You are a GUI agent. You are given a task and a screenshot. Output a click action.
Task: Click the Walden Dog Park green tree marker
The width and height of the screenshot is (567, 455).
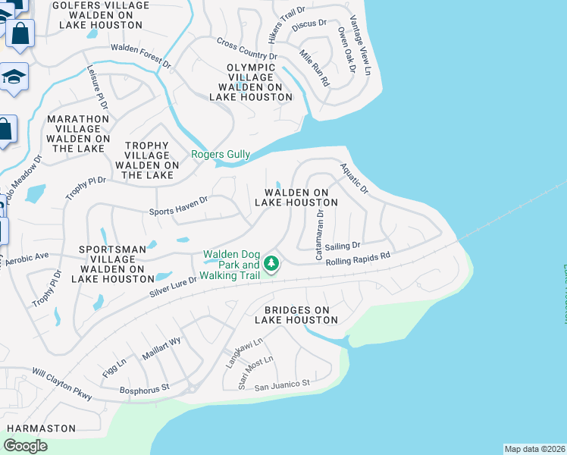coord(271,264)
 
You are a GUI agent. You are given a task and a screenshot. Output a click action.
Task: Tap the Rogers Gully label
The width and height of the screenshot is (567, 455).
coord(220,155)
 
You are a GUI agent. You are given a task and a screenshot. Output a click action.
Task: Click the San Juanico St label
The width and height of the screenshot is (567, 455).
coord(282,385)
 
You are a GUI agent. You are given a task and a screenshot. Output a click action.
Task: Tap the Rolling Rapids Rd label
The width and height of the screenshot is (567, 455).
coord(358,259)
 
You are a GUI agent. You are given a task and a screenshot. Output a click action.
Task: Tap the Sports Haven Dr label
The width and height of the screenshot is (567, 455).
coord(179,206)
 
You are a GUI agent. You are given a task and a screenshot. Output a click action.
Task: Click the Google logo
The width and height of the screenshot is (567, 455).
coord(25,446)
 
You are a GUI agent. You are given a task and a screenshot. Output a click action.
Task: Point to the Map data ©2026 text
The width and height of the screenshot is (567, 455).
coord(534,449)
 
